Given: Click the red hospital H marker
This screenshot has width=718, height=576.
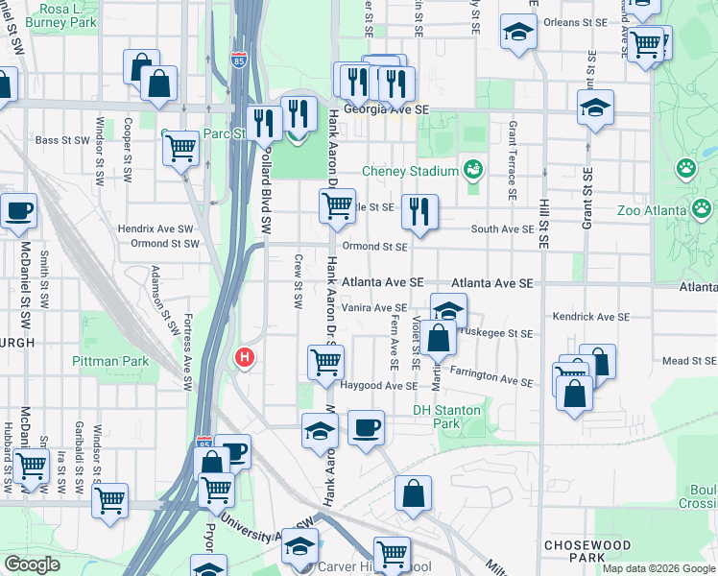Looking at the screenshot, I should [245, 358].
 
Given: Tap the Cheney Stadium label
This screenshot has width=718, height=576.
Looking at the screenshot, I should [409, 172].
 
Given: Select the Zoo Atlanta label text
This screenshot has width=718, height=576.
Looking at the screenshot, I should [653, 211].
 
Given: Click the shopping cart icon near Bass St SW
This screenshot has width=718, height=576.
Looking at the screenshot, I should [179, 149].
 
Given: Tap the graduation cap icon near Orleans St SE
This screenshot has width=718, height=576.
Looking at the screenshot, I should [518, 32].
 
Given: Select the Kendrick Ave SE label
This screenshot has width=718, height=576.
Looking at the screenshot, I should [591, 317].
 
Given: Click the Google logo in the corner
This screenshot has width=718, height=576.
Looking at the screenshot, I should [32, 564].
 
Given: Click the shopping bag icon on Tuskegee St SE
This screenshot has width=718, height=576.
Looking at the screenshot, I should [440, 338].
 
